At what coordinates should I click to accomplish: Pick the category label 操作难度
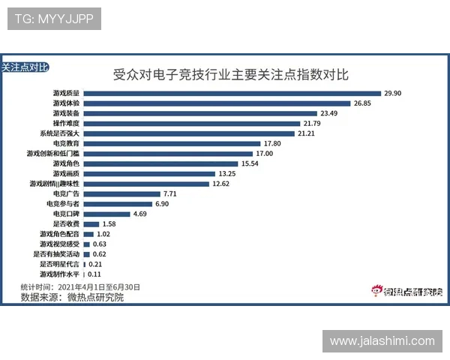[66, 123]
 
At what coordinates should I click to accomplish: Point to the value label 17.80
[272, 143]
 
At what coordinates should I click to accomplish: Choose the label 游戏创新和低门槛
[53, 153]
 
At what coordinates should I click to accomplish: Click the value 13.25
[249, 173]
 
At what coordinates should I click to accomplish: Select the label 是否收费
[66, 224]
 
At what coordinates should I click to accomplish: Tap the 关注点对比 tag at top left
[25, 67]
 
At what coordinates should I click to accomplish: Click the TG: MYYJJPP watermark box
[54, 19]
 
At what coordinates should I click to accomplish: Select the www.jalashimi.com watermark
[382, 341]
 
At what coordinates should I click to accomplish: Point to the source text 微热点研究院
[93, 298]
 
